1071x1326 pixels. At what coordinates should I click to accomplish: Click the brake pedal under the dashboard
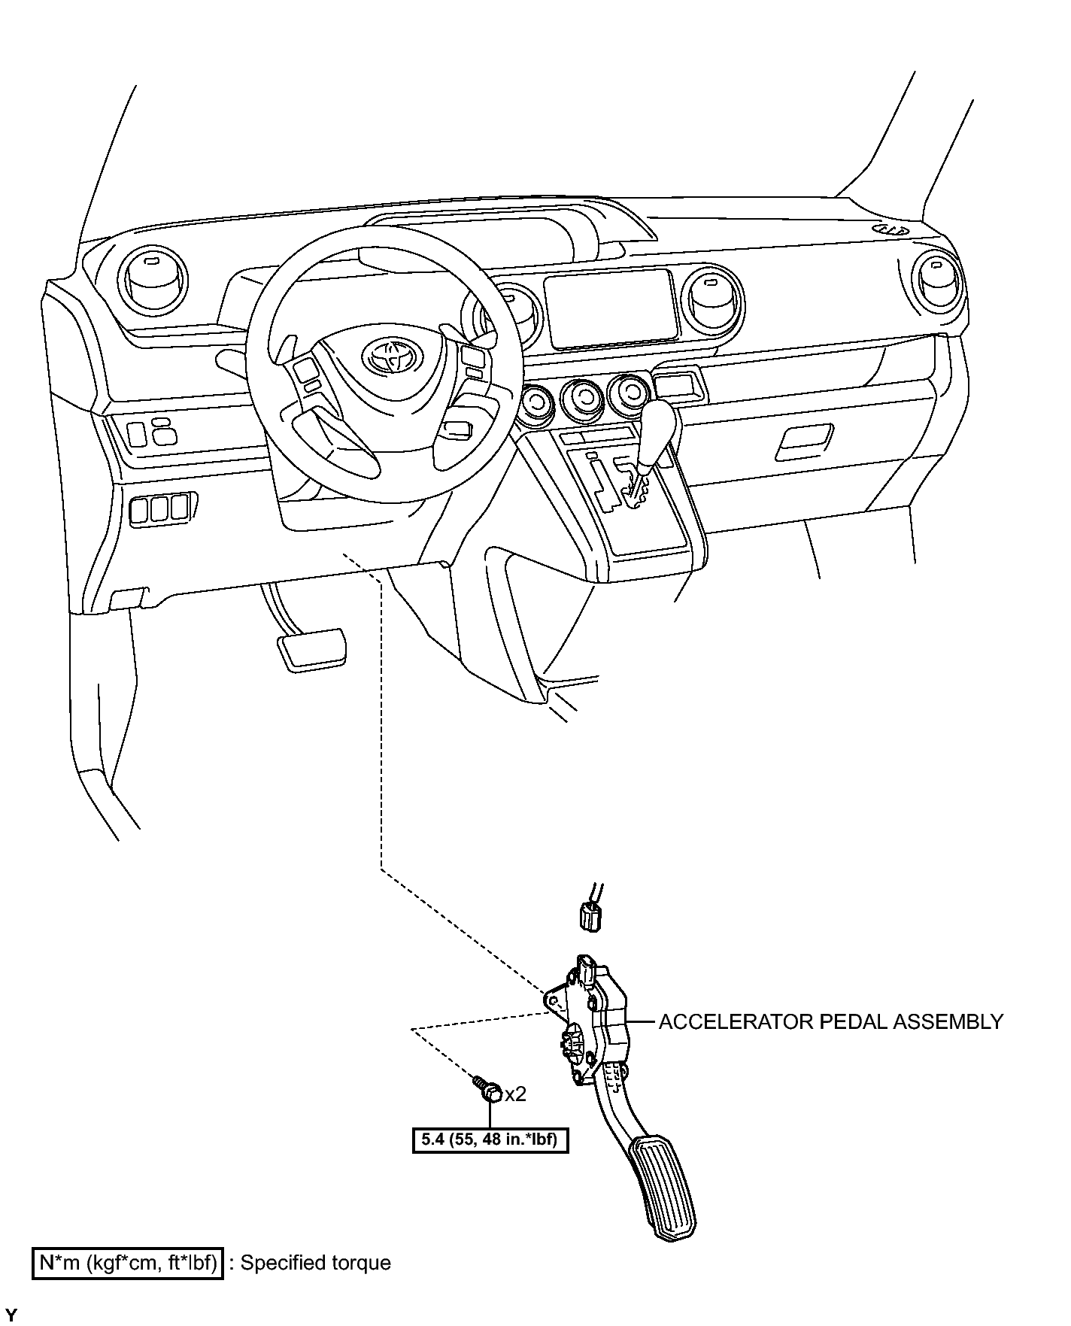(x=313, y=650)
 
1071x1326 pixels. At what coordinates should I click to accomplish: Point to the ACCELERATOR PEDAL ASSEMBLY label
(x=830, y=1021)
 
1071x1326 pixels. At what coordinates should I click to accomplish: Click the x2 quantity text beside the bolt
(x=515, y=1094)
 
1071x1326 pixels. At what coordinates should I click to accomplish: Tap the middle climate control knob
(x=584, y=396)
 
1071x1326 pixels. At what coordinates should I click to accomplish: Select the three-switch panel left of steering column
(x=159, y=507)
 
